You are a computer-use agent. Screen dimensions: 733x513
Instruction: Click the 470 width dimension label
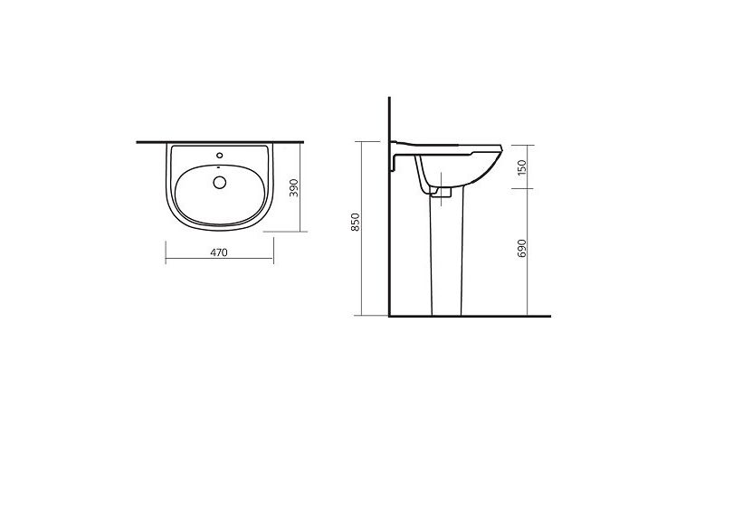(x=219, y=252)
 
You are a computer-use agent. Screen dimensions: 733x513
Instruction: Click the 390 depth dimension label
(x=293, y=187)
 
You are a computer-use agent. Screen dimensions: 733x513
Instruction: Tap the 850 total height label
(x=356, y=222)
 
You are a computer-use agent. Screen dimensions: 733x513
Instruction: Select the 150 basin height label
(x=522, y=167)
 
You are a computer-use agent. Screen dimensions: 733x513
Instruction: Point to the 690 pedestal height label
(x=522, y=248)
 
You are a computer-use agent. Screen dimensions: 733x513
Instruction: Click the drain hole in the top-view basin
(x=219, y=182)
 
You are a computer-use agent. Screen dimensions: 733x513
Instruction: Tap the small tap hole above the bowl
(x=219, y=155)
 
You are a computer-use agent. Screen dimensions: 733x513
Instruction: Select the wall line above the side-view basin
(x=389, y=119)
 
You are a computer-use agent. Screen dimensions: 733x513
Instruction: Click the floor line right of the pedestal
(x=507, y=317)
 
